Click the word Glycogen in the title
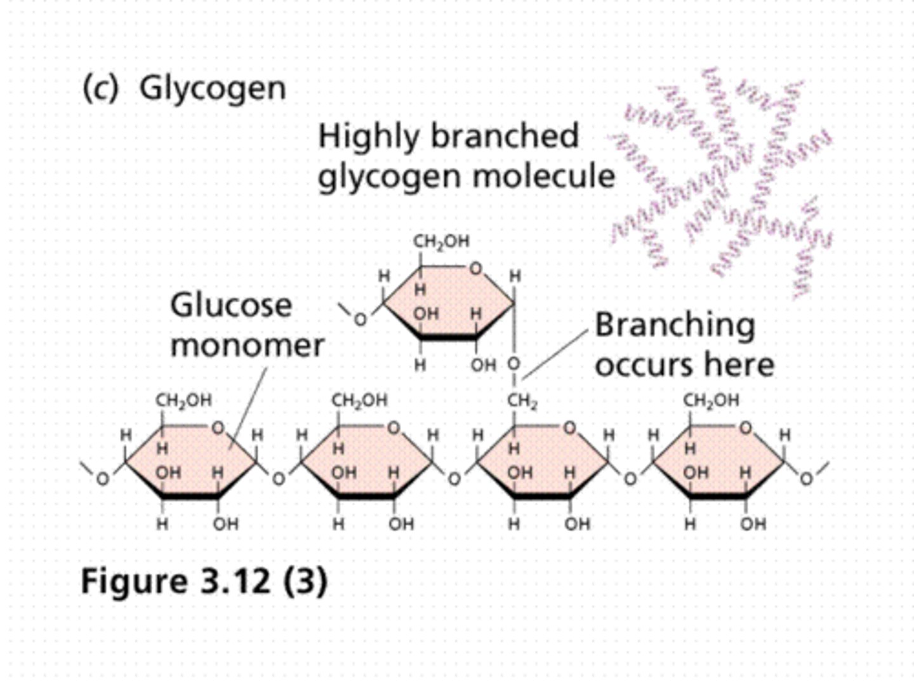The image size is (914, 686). [x=212, y=88]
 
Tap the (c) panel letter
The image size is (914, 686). [x=100, y=88]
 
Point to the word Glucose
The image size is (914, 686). [x=231, y=306]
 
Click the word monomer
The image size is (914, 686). [x=247, y=346]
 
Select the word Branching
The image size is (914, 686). [x=675, y=325]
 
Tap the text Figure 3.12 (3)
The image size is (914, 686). [x=204, y=581]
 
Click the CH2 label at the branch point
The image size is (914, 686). [x=521, y=401]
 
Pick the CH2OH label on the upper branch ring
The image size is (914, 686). [x=441, y=241]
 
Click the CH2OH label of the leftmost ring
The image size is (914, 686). [x=183, y=401]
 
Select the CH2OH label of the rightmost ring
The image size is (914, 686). [x=711, y=401]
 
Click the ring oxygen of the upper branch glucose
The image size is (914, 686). [x=475, y=269]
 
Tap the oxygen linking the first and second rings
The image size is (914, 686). [x=278, y=479]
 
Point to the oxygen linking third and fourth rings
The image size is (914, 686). [x=630, y=479]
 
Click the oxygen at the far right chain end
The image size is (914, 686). [x=805, y=479]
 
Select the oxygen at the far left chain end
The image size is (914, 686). [x=102, y=479]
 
